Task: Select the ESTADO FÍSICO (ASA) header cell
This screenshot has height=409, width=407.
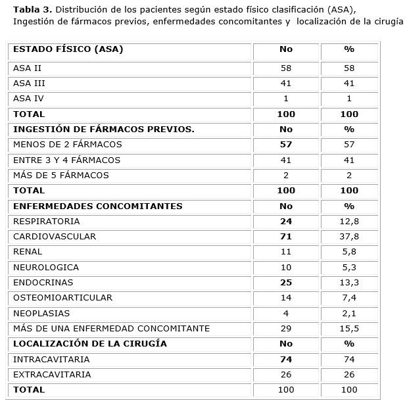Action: click(68, 49)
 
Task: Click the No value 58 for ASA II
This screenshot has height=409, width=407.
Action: click(285, 68)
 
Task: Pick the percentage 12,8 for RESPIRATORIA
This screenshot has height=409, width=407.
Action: click(349, 222)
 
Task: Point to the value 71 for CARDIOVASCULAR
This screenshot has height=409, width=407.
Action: click(285, 237)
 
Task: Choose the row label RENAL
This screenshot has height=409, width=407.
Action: click(28, 252)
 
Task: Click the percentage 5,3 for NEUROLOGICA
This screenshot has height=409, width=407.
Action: click(349, 268)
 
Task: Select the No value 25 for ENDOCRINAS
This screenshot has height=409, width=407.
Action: click(285, 283)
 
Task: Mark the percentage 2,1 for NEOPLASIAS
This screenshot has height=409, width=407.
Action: click(349, 314)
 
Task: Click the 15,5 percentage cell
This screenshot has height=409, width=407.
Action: click(349, 329)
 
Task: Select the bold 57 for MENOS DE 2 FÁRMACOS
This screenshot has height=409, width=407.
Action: click(285, 145)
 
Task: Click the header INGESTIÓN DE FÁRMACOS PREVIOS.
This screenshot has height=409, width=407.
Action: click(104, 130)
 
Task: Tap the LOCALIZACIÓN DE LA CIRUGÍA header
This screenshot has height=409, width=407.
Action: click(90, 344)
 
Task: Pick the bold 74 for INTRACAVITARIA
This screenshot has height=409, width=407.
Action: click(285, 360)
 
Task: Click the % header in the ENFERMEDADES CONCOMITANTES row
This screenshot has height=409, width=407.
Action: click(349, 206)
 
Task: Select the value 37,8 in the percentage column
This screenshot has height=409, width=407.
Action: click(349, 237)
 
